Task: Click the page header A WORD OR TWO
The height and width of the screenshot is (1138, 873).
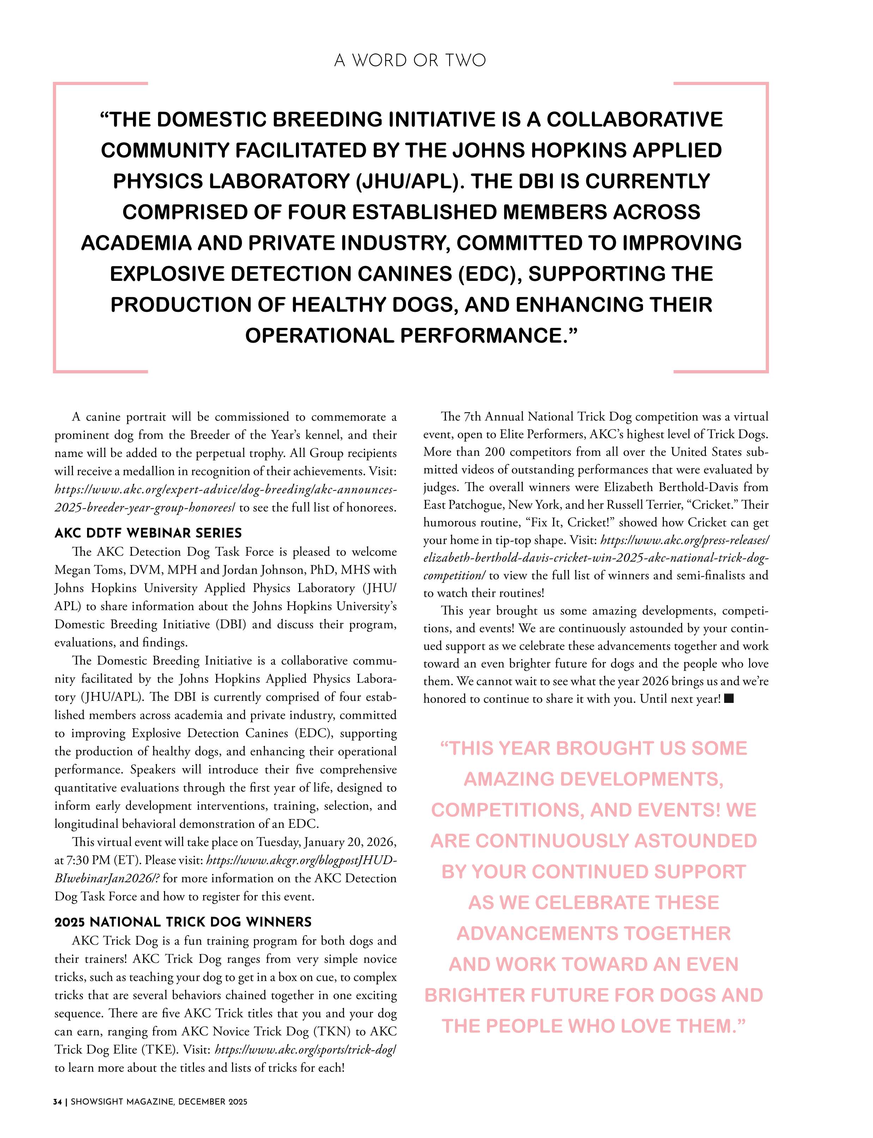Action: [410, 61]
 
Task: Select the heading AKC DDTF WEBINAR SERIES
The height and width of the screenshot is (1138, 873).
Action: [148, 533]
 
